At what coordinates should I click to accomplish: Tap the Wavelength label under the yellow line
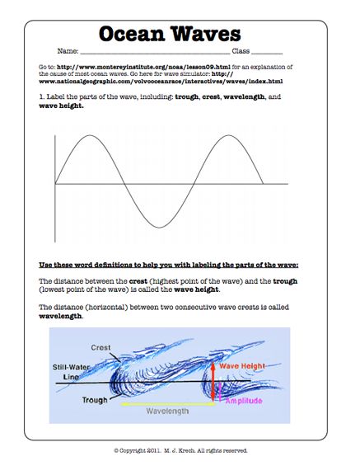click(x=169, y=410)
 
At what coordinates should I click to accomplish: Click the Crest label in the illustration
click(x=101, y=347)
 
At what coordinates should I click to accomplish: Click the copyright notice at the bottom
click(x=180, y=450)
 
